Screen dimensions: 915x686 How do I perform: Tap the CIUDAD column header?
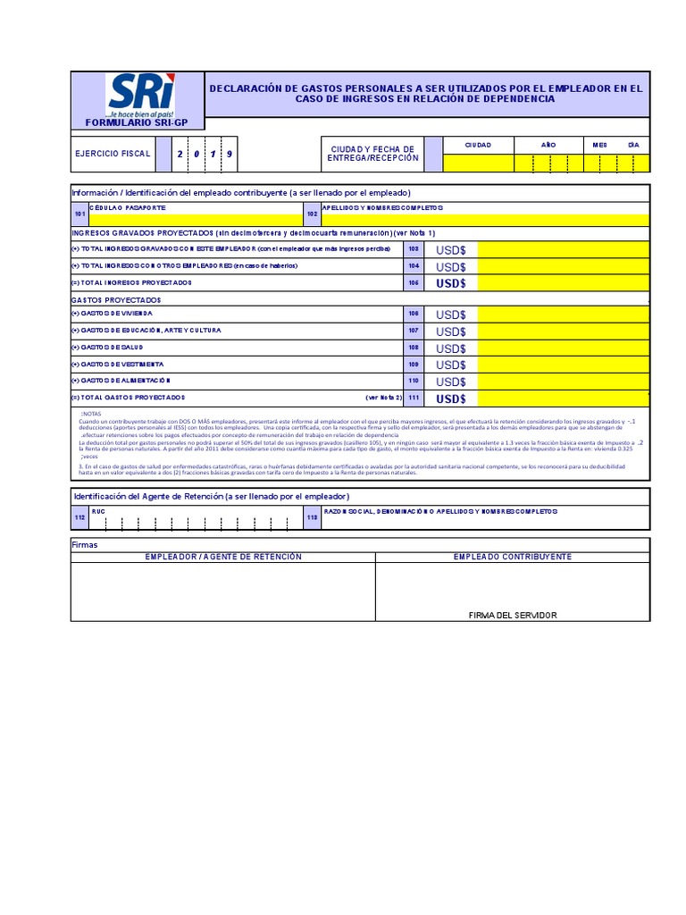tap(478, 144)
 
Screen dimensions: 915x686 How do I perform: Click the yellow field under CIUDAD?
tap(478, 163)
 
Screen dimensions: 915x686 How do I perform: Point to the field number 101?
tap(79, 214)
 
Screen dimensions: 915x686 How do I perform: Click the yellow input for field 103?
tap(564, 250)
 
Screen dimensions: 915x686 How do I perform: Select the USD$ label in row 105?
tap(451, 283)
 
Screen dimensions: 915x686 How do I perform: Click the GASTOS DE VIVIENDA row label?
tap(112, 315)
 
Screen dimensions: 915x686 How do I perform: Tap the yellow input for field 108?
tap(564, 348)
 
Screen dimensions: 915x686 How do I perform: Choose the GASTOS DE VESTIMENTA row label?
tap(117, 365)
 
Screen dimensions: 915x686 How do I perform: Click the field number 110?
tap(413, 381)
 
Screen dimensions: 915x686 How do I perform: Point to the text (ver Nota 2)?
tap(384, 397)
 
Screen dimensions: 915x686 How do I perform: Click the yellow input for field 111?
tap(564, 398)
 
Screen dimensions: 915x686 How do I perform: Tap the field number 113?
tap(312, 517)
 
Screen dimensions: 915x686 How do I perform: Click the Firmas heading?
tap(85, 544)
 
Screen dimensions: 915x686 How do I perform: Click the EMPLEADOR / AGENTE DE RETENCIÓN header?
tap(223, 557)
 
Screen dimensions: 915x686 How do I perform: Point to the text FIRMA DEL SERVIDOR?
tap(512, 615)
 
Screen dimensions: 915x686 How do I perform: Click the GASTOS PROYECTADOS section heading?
tap(116, 299)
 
